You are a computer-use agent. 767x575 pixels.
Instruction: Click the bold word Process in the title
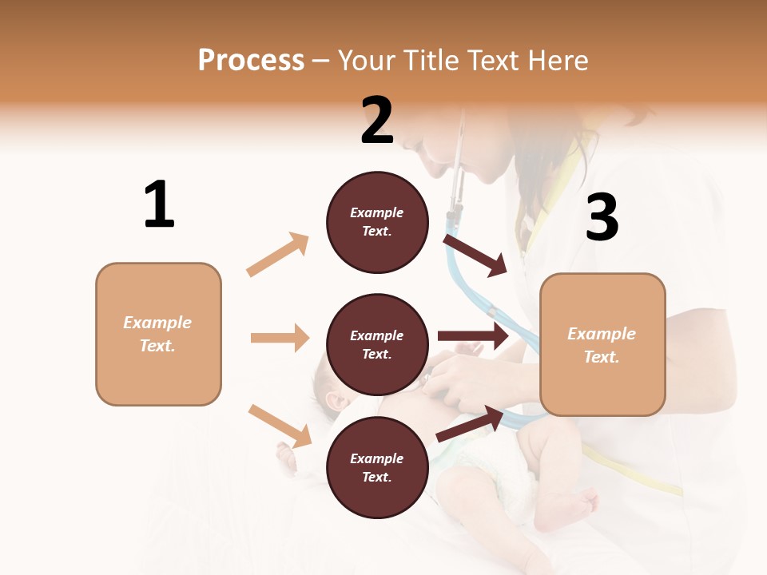pyautogui.click(x=251, y=61)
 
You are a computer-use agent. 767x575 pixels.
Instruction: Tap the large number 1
pyautogui.click(x=159, y=204)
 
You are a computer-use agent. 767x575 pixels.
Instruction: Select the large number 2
pyautogui.click(x=377, y=120)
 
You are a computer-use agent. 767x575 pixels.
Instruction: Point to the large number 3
pyautogui.click(x=602, y=217)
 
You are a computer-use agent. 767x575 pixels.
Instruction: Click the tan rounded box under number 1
pyautogui.click(x=158, y=334)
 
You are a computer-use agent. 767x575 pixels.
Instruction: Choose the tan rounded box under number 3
pyautogui.click(x=602, y=344)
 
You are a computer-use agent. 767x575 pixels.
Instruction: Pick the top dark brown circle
pyautogui.click(x=377, y=222)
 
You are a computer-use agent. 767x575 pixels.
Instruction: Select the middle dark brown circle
pyautogui.click(x=377, y=344)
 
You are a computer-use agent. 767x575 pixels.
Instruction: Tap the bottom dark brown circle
pyautogui.click(x=377, y=467)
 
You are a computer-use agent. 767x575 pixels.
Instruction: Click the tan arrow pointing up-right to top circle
pyautogui.click(x=278, y=255)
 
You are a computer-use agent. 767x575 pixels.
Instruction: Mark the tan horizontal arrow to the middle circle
pyautogui.click(x=280, y=338)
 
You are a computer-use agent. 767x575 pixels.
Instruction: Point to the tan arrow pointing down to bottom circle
pyautogui.click(x=280, y=426)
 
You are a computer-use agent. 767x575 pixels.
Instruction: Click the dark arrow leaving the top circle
pyautogui.click(x=475, y=254)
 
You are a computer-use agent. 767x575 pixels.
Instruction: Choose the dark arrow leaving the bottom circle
pyautogui.click(x=470, y=424)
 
